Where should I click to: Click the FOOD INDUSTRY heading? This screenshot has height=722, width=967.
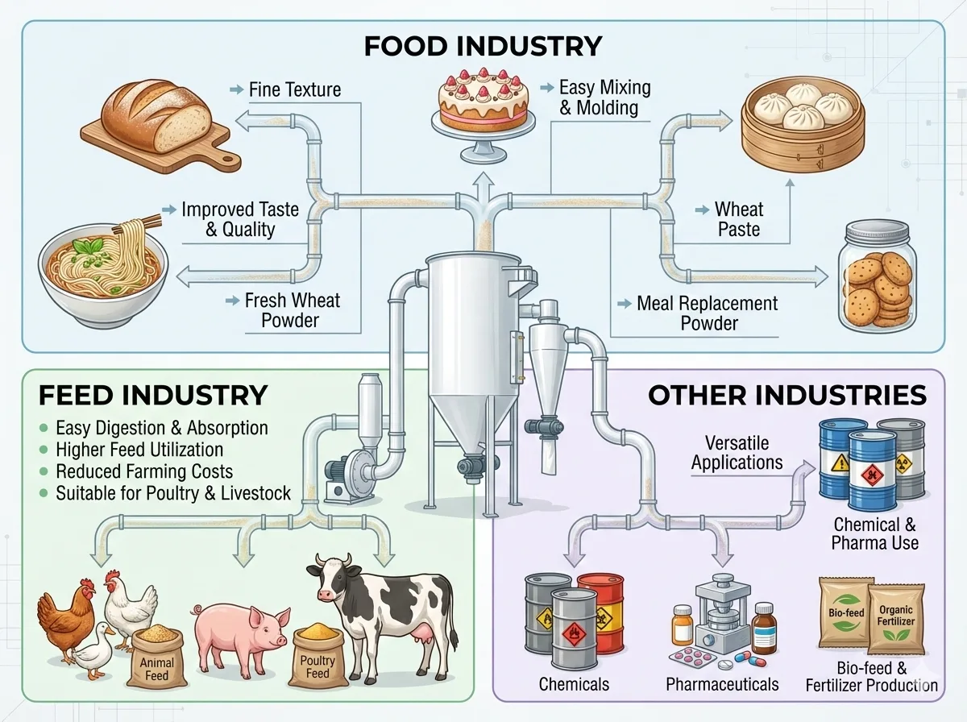pyautogui.click(x=483, y=45)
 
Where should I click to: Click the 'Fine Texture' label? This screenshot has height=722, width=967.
pyautogui.click(x=294, y=89)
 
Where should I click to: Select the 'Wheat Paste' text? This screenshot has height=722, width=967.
pyautogui.click(x=737, y=219)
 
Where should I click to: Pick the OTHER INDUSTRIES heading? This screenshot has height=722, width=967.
pyautogui.click(x=786, y=395)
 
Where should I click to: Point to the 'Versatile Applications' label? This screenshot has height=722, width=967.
pyautogui.click(x=737, y=452)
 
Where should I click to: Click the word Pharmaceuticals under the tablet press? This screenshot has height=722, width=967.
pyautogui.click(x=722, y=684)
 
